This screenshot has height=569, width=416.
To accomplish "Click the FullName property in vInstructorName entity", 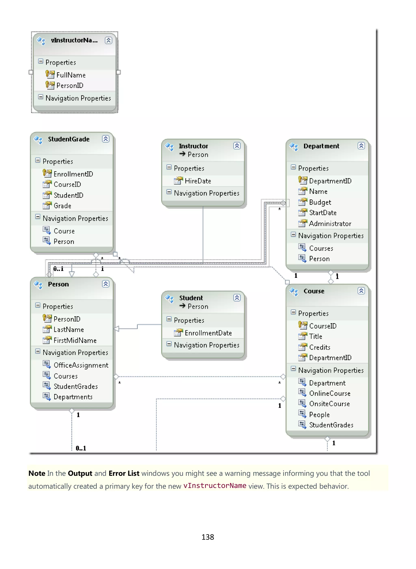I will click(71, 75).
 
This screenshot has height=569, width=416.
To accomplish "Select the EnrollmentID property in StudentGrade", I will click(73, 174).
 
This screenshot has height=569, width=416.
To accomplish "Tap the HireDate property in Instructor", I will click(198, 181).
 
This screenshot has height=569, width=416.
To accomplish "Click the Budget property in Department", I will click(320, 202).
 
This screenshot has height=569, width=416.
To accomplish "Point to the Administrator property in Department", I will click(330, 224).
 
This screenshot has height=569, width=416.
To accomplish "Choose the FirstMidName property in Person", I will click(75, 340).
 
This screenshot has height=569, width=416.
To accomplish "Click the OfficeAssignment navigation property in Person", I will click(81, 365).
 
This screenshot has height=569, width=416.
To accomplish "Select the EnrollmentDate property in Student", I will click(208, 333).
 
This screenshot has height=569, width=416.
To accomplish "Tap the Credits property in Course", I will click(320, 347).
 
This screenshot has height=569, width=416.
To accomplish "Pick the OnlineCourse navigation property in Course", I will click(330, 393).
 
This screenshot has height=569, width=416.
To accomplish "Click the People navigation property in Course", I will click(319, 414).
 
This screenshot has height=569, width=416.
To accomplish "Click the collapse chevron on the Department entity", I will click(361, 146).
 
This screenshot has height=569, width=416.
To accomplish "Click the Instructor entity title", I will click(193, 146).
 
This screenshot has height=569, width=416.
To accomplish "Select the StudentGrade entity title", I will click(68, 139).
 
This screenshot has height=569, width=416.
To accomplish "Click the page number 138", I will click(208, 537).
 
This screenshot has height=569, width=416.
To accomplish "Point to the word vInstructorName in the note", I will click(214, 486).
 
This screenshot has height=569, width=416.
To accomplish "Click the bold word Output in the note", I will click(80, 473).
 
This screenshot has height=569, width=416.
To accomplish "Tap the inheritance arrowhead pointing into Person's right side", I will click(116, 329).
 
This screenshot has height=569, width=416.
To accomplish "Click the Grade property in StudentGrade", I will click(62, 206).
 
